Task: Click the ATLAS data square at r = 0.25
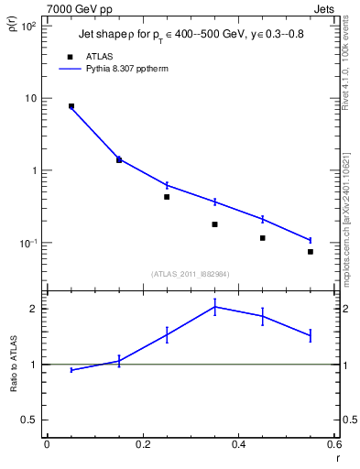pos(167,197)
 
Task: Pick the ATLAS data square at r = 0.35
pos(214,224)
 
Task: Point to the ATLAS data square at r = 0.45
pos(263,238)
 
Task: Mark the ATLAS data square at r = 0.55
pos(311,252)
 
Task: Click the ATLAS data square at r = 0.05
pos(71,106)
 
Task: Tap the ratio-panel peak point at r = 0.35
pos(214,307)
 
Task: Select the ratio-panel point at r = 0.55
pos(311,335)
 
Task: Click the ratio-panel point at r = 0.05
pos(71,370)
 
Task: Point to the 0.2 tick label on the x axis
pos(142,444)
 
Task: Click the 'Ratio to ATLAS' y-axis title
pos(13,362)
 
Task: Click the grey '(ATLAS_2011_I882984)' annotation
pos(191,273)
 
